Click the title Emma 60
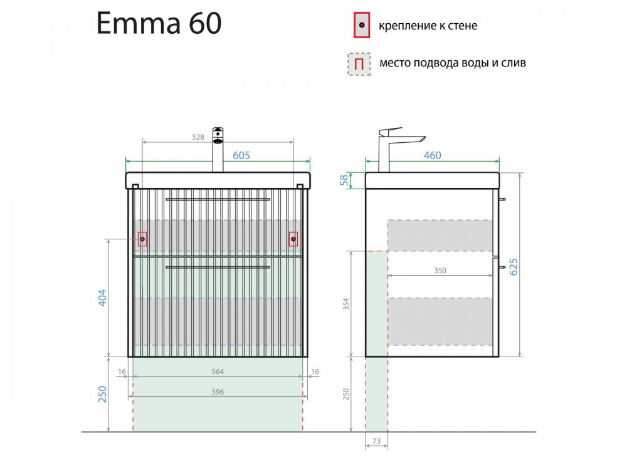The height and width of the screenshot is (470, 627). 159,23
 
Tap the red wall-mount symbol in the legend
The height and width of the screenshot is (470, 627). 362,25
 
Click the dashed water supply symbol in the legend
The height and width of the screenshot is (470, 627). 359,64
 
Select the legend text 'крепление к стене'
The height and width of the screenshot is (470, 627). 428,26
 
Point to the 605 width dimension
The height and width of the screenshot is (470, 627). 241,155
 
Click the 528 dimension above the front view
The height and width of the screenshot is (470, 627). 198,137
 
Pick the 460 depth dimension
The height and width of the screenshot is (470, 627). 432,155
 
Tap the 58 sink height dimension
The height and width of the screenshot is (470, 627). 344,180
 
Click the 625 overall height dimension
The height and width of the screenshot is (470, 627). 514,266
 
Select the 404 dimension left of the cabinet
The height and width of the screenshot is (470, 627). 102,298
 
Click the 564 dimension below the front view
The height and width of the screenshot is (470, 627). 218,372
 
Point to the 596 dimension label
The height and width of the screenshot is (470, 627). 218,392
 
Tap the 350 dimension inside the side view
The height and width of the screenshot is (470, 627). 440,271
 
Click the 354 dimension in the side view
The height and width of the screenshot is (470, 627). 346,304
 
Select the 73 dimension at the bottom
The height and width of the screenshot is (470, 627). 376,441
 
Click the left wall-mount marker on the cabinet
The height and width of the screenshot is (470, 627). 142,239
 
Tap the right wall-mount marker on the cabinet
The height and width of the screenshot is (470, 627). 293,239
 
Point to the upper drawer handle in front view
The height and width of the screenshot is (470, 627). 218,199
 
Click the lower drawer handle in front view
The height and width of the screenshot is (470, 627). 218,267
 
